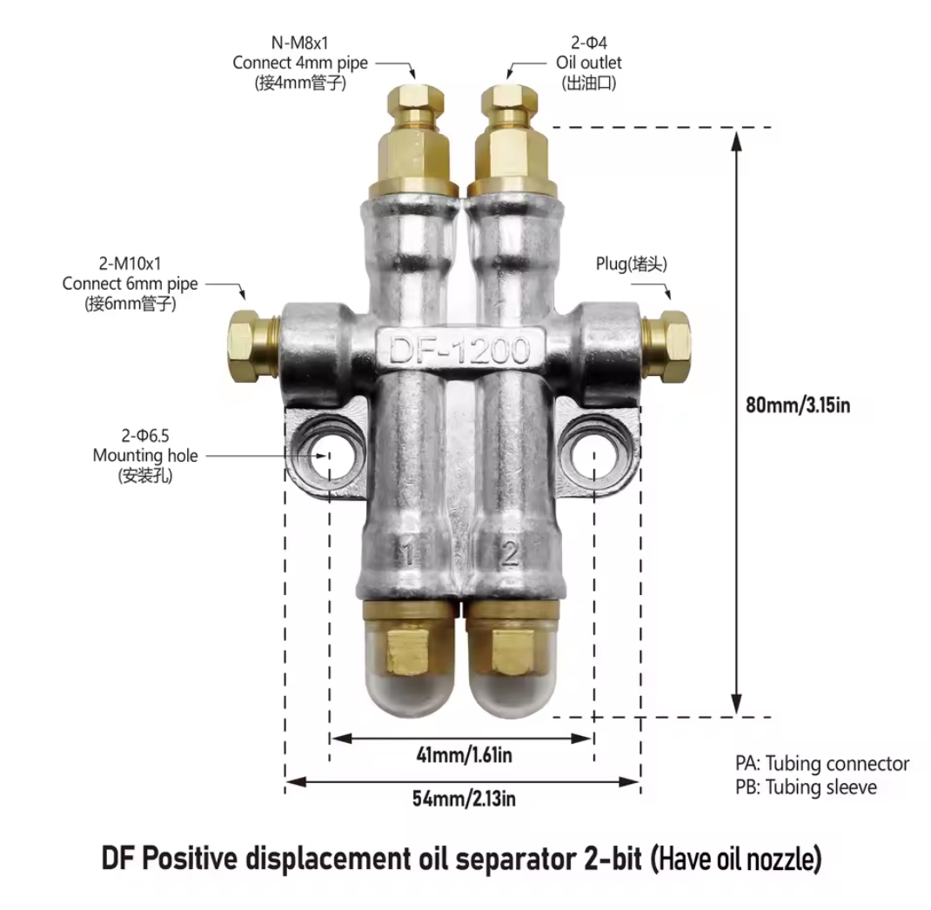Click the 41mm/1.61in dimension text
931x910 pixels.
click(464, 754)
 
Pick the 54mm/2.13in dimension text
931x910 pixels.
click(464, 798)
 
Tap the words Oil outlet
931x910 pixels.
click(589, 63)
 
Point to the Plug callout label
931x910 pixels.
click(632, 264)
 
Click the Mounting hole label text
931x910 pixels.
click(145, 455)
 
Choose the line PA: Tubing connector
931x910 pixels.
click(822, 764)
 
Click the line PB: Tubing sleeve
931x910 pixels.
click(806, 787)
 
